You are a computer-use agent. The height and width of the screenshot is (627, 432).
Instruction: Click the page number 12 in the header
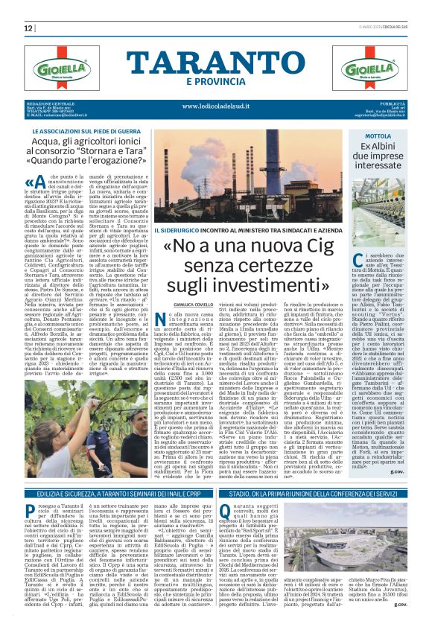29,28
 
